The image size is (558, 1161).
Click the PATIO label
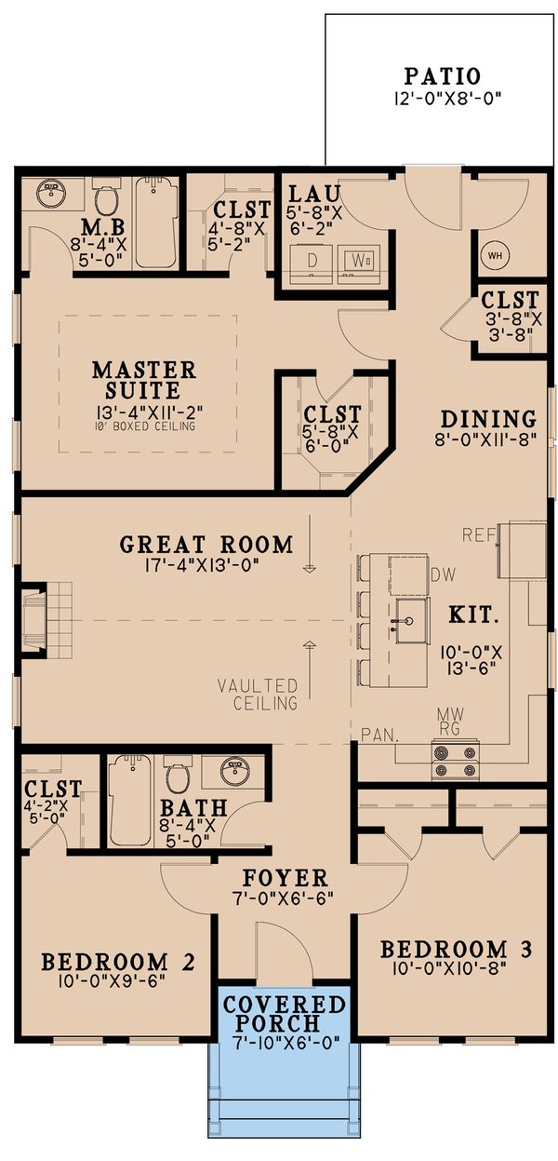click(x=442, y=75)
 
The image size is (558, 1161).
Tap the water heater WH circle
click(x=493, y=253)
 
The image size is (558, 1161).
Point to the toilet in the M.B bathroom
click(x=105, y=200)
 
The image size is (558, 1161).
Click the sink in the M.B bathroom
click(x=50, y=195)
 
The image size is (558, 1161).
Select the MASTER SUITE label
click(x=143, y=380)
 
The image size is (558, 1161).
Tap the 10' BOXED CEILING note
click(x=143, y=426)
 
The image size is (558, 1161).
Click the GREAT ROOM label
click(x=206, y=545)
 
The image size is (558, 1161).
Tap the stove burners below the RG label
click(x=455, y=759)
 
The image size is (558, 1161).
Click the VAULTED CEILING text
click(x=258, y=694)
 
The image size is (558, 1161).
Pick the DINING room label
click(x=488, y=418)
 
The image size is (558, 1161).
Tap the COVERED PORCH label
click(x=285, y=1015)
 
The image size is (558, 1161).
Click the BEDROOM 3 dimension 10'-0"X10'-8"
click(x=456, y=970)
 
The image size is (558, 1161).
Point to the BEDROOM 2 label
click(x=116, y=961)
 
